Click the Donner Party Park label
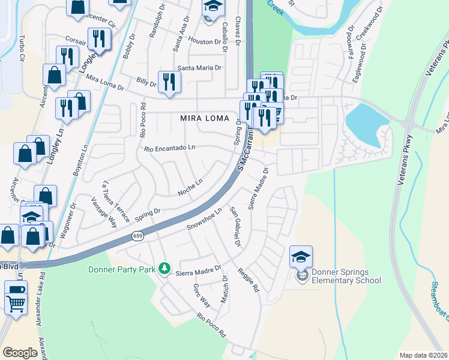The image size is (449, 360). click(122, 269)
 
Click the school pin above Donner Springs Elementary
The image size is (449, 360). click(301, 257)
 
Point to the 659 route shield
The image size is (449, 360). click(138, 237)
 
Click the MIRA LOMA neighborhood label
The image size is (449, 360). click(205, 118)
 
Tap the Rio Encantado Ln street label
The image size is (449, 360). click(170, 148)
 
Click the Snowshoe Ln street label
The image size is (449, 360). click(204, 223)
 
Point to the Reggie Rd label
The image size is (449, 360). click(248, 281)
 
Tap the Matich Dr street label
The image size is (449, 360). click(224, 289)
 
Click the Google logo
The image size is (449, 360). click(20, 353)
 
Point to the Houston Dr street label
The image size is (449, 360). click(205, 41)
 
